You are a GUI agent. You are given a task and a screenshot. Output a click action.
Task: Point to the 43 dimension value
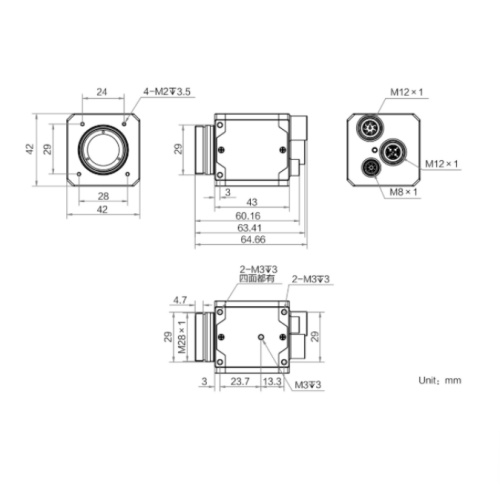(x=252, y=203)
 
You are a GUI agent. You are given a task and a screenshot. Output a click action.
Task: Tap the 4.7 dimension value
(x=181, y=299)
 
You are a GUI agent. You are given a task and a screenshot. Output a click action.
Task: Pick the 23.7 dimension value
(x=240, y=381)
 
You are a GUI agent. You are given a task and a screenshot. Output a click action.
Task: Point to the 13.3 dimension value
(x=271, y=381)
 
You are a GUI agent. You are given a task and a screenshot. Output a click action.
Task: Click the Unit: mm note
(x=439, y=380)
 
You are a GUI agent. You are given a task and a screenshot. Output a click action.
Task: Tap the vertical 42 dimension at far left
(x=30, y=149)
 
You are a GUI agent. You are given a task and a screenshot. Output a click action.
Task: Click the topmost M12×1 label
(x=407, y=92)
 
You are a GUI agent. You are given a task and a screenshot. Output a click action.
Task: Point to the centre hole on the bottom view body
(x=262, y=337)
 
